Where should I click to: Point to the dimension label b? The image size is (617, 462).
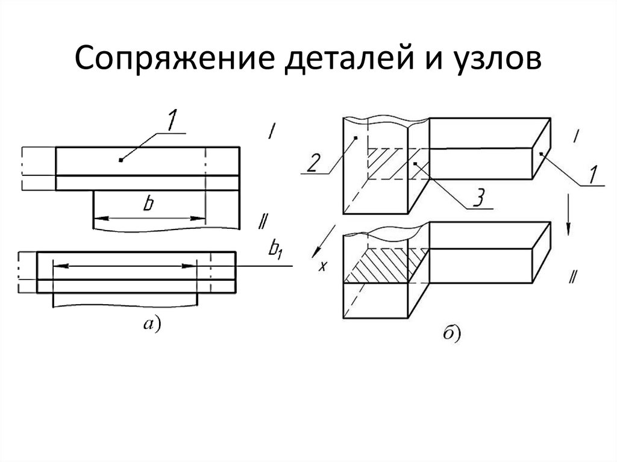coord(147,205)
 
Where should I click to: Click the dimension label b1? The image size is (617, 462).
coord(276,250)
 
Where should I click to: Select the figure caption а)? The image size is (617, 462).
coord(150,325)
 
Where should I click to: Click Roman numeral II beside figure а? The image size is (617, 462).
coord(263,221)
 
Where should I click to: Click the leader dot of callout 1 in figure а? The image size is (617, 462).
coord(121,160)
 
